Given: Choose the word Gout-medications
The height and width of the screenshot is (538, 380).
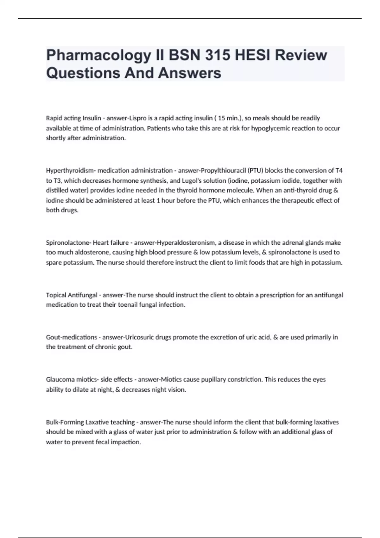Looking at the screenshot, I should point(72,337).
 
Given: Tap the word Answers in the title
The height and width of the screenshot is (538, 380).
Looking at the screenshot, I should point(189,73).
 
